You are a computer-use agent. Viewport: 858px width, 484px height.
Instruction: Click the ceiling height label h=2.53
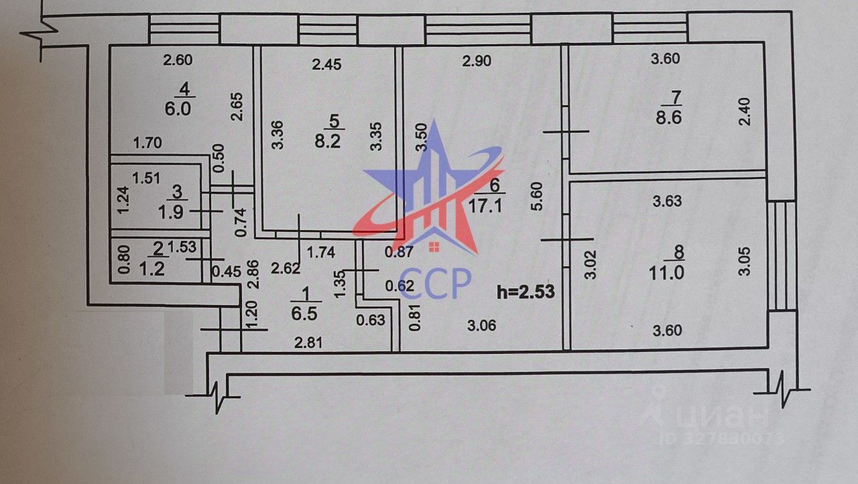526,292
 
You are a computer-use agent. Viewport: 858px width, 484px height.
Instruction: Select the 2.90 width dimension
477,61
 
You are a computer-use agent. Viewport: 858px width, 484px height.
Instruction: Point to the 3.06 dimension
481,326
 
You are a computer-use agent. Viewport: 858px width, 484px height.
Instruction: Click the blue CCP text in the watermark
435,283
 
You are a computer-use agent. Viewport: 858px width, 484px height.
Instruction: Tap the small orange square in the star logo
434,247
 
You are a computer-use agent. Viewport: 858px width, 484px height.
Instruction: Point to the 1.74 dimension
321,252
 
